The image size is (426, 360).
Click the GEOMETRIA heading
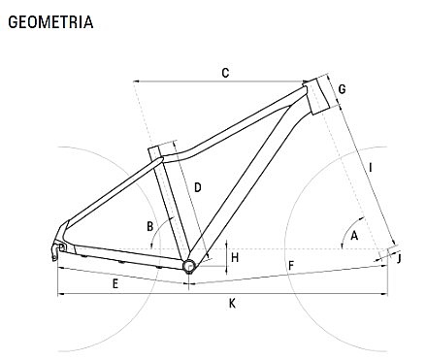[x=50, y=21]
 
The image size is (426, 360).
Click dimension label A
[x=355, y=236]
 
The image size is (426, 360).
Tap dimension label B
[x=150, y=227]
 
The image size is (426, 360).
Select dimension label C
[x=225, y=73]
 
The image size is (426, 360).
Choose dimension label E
[x=115, y=283]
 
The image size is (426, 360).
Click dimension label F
[x=290, y=265]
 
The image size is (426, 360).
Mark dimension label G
[x=343, y=89]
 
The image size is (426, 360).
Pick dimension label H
[x=235, y=257]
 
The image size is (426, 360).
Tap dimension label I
[x=372, y=167]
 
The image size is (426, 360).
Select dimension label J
[x=399, y=259]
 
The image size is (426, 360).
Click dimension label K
[x=232, y=304]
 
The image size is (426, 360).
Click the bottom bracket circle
[x=188, y=264]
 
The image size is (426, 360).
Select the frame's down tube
[x=243, y=184]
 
